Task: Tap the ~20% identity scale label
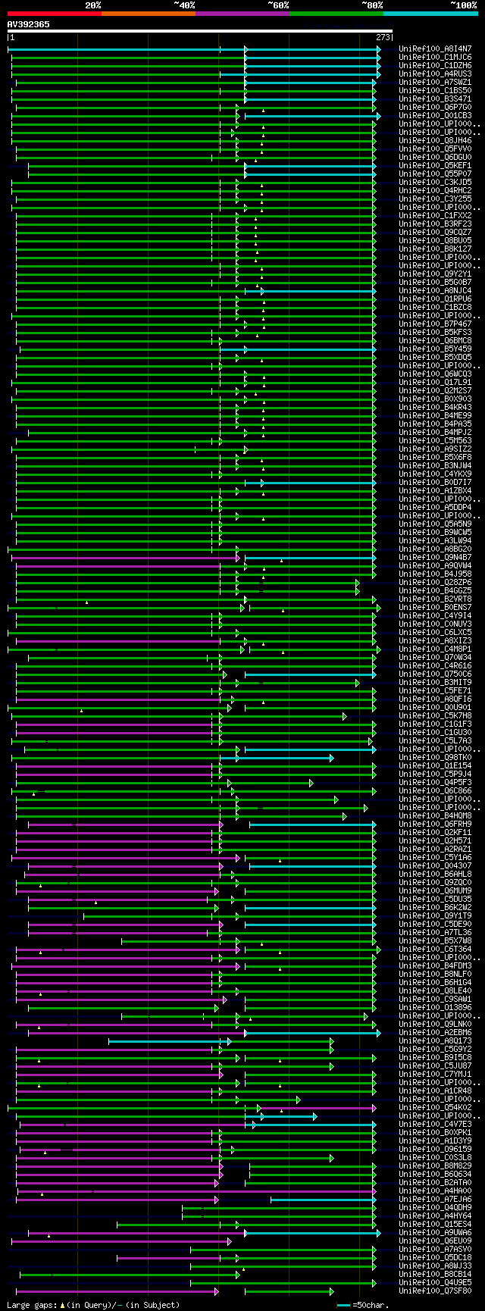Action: click(x=92, y=5)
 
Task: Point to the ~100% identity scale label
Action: click(x=463, y=5)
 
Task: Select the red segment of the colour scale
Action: click(x=54, y=14)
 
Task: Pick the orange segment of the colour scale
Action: click(x=148, y=14)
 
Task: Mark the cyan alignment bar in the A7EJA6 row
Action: click(x=322, y=1199)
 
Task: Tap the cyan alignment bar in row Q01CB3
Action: click(x=311, y=116)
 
